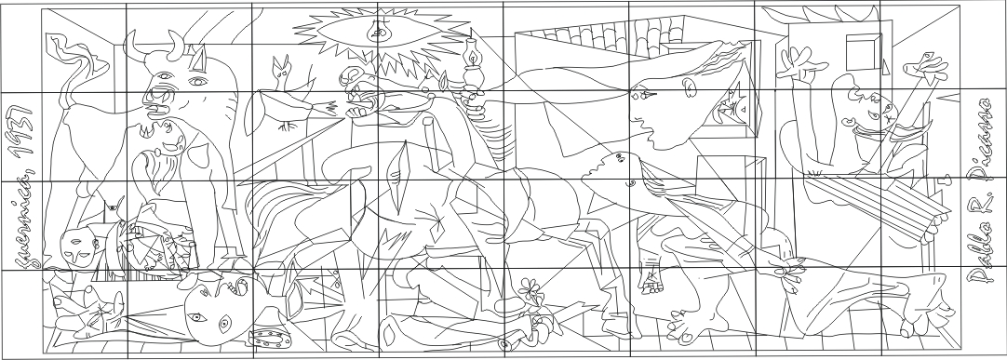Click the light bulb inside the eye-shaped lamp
point(378,33)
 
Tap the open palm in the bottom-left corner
point(89,303)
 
